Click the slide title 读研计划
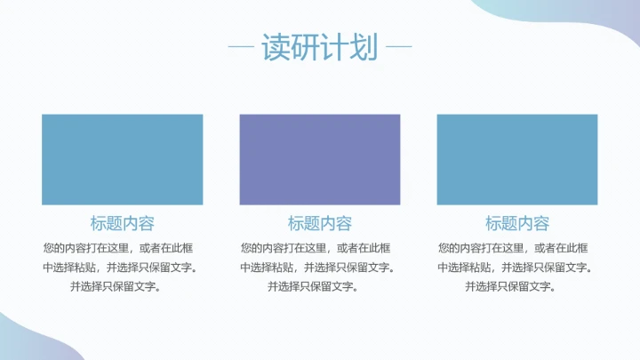320,47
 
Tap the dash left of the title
241,47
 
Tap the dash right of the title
399,47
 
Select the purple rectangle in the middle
320,160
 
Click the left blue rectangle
122,160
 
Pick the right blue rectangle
517,160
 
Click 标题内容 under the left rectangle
122,224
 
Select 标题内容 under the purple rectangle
320,224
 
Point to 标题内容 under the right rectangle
517,224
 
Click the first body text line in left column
122,247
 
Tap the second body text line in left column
122,267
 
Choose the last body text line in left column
122,286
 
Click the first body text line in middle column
320,247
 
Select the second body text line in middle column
320,267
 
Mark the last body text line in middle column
320,286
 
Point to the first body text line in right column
517,247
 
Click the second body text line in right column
517,267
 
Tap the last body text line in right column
517,286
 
